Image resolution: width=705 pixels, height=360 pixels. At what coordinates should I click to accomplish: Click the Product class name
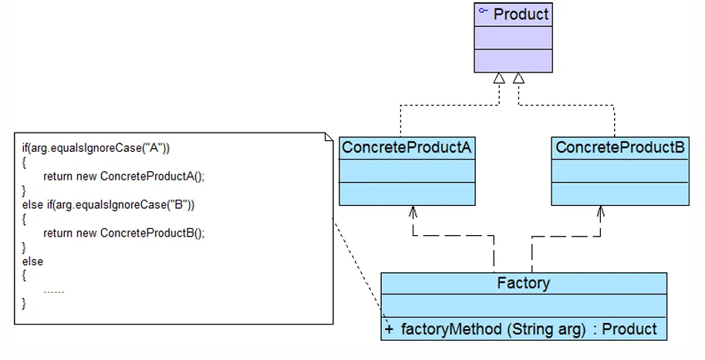point(521,14)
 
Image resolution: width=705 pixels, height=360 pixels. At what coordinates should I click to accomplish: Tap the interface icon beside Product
point(484,12)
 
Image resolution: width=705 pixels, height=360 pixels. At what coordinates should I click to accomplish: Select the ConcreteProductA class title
point(406,146)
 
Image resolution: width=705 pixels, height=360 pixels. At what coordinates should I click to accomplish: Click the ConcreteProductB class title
point(620,146)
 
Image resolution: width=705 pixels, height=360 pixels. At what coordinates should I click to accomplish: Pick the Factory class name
point(524,283)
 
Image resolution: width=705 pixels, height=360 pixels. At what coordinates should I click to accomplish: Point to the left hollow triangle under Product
point(500,78)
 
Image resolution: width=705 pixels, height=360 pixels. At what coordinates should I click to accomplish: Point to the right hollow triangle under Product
point(519,78)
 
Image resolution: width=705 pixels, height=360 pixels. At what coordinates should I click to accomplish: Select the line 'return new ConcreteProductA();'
point(124,176)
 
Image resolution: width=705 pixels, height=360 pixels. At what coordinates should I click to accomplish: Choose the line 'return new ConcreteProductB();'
point(124,233)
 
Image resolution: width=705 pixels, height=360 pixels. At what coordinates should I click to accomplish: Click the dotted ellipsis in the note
point(54,290)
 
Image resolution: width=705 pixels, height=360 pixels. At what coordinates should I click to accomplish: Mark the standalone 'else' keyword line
point(33,261)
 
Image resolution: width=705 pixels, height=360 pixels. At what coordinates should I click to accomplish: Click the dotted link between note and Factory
point(356,266)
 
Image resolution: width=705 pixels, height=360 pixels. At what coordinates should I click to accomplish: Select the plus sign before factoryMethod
point(389,329)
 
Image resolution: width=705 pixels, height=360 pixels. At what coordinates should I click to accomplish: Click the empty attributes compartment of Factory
point(524,305)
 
